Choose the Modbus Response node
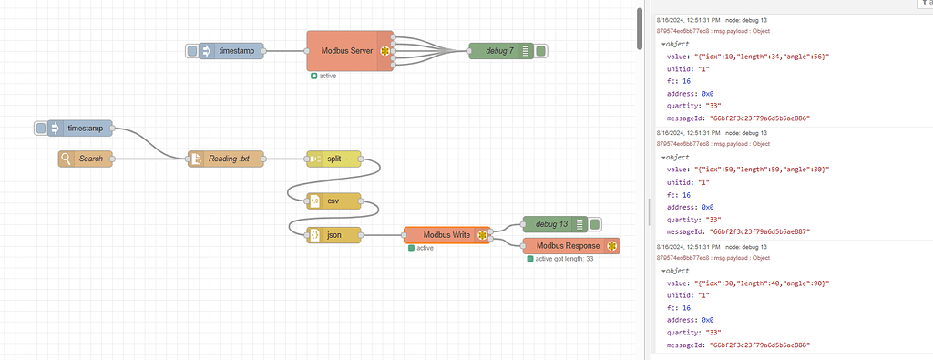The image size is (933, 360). (567, 246)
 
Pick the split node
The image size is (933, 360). (333, 159)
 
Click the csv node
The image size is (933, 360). (333, 201)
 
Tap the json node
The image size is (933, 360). (333, 235)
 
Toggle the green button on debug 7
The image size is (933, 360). (541, 51)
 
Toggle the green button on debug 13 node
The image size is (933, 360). (594, 223)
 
